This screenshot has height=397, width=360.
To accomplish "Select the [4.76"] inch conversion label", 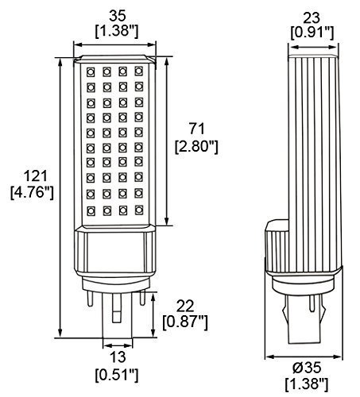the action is [32, 192].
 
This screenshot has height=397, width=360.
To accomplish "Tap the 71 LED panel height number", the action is [197, 129].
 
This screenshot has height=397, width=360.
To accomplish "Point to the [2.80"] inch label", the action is [196, 146].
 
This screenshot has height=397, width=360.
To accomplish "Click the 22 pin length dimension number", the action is [185, 306].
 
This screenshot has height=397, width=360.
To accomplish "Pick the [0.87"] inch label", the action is [185, 322].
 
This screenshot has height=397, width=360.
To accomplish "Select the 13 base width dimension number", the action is [118, 357].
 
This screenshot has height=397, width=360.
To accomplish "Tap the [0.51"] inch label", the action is [117, 374].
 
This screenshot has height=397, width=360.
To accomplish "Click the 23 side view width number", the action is [312, 18].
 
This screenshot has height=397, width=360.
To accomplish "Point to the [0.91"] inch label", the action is [312, 33].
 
